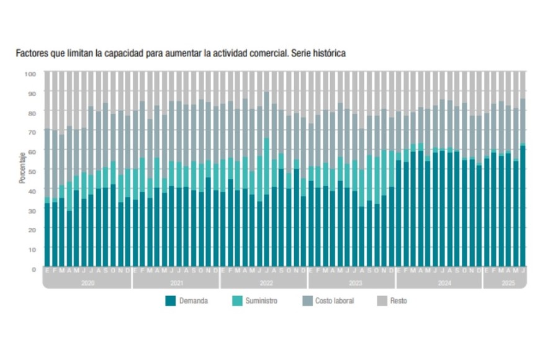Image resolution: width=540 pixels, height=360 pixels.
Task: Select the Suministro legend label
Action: pos(261,301)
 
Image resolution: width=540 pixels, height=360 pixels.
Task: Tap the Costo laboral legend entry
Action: pos(335,301)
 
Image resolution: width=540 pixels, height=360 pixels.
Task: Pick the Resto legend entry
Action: pos(398,301)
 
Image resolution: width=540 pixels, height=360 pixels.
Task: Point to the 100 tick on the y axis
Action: pos(31,74)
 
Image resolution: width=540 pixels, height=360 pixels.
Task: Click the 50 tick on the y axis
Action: pos(33,171)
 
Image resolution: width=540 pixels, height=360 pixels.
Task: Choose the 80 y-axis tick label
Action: pos(33,113)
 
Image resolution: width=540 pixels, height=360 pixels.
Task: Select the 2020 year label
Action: pos(87,283)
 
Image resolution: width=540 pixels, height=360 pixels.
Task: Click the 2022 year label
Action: pos(264,283)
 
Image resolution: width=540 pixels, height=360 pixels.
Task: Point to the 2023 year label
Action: pos(353,283)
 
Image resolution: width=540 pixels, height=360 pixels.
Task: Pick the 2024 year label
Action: pos(441,283)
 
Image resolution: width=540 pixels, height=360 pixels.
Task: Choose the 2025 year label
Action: pos(505,283)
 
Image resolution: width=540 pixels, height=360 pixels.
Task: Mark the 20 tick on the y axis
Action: pos(33,230)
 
